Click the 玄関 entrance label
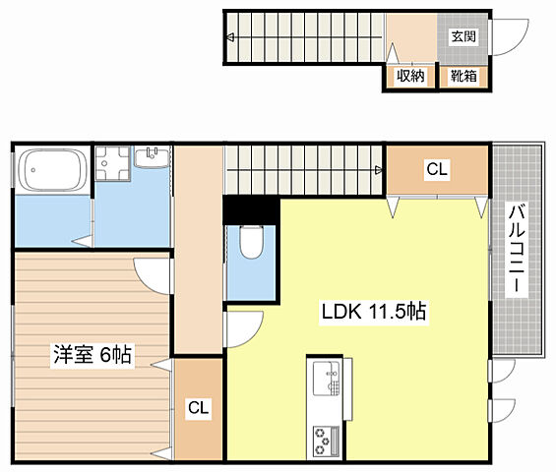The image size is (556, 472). pyautogui.click(x=463, y=37)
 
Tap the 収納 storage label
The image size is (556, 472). pyautogui.click(x=410, y=75)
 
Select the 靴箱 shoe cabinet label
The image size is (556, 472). pyautogui.click(x=463, y=75)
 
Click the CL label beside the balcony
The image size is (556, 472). pyautogui.click(x=437, y=170)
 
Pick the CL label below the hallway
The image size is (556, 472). pyautogui.click(x=198, y=405)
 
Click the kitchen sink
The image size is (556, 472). pyautogui.click(x=325, y=378)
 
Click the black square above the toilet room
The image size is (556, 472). pyautogui.click(x=251, y=209)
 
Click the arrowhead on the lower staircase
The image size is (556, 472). pyautogui.click(x=379, y=171)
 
